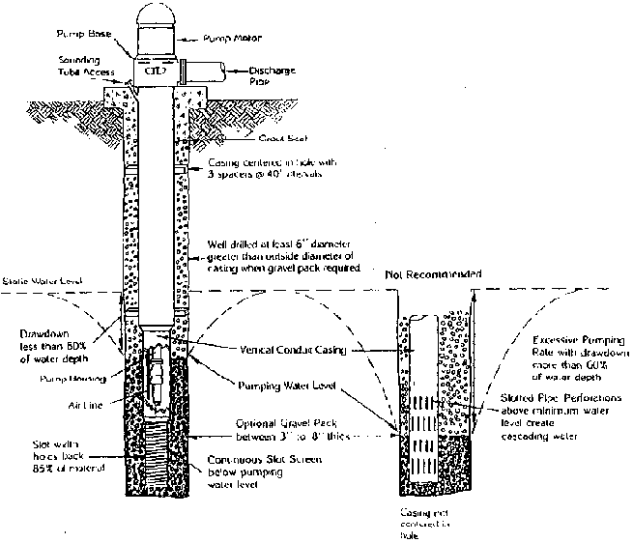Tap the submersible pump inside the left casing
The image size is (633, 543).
pyautogui.click(x=153, y=380)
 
